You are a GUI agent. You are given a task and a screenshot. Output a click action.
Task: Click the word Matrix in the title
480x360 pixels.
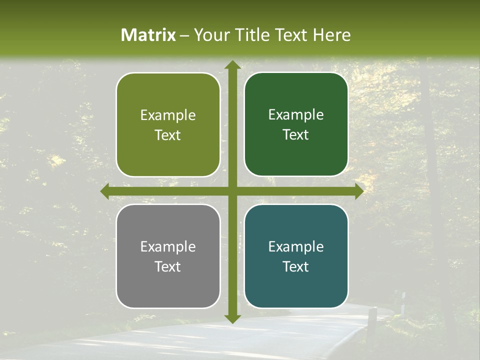(x=148, y=35)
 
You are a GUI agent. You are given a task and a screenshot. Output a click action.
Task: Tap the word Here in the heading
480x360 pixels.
(x=332, y=35)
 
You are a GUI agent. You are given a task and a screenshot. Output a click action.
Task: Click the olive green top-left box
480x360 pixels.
(x=168, y=125)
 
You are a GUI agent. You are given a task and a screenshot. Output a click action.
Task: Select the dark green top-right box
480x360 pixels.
(x=296, y=125)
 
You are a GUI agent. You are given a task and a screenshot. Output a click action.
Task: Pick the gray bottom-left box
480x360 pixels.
(x=168, y=256)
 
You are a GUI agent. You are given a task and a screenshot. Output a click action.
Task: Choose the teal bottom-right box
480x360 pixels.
(x=296, y=256)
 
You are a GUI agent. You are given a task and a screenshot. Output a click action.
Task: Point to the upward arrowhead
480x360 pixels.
(x=232, y=65)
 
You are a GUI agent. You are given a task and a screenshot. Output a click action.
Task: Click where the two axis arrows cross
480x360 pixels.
(x=232, y=191)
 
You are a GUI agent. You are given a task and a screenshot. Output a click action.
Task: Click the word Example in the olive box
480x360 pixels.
(x=168, y=115)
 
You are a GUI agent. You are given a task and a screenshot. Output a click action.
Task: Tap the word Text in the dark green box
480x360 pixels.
(x=296, y=135)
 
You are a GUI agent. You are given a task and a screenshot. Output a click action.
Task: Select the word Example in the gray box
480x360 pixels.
(x=168, y=246)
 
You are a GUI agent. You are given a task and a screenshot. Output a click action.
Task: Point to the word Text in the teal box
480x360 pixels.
(x=296, y=266)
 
